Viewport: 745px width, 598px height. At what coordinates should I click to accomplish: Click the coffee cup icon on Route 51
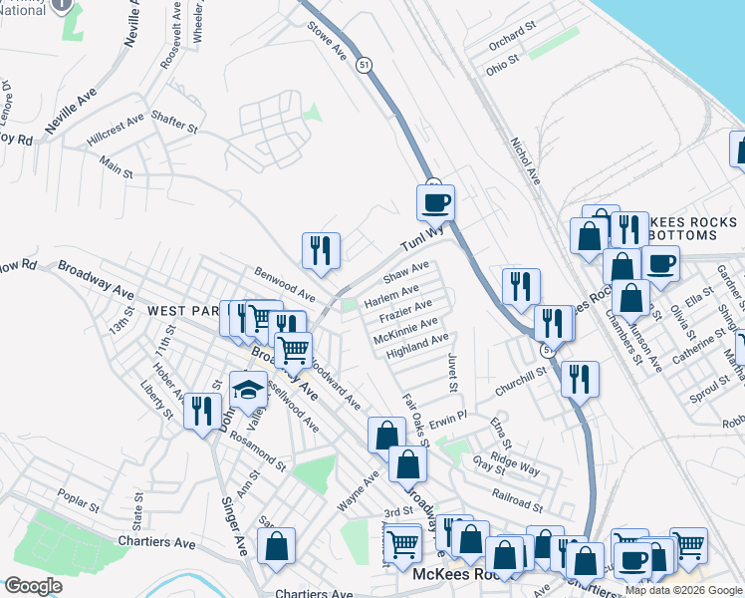coord(435,203)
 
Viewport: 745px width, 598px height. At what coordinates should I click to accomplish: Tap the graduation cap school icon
coord(248,388)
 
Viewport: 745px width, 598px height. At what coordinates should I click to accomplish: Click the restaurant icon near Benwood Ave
coord(321,251)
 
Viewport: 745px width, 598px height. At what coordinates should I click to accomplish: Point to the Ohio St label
coord(502,62)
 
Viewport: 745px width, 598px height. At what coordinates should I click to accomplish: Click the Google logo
coord(32,586)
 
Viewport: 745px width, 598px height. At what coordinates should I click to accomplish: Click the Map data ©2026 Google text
coord(682,590)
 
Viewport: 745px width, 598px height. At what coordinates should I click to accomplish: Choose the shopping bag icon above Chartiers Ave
coord(276,546)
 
